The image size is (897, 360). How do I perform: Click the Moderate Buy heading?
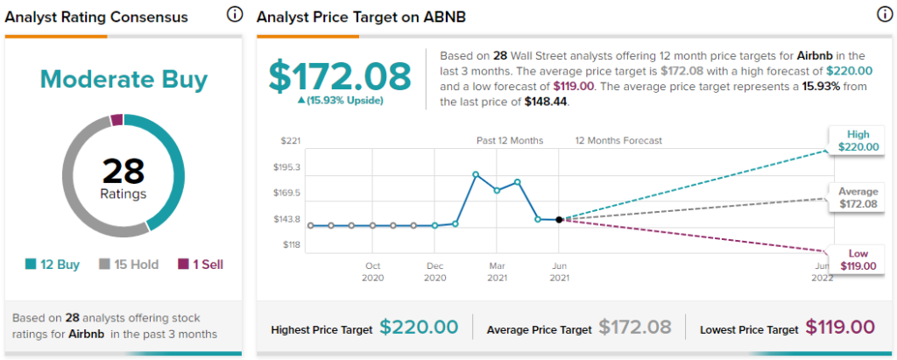click(124, 80)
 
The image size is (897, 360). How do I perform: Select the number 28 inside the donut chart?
click(124, 171)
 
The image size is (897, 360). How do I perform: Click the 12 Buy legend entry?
click(53, 265)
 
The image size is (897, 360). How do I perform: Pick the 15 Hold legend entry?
click(129, 265)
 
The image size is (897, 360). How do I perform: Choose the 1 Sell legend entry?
click(201, 265)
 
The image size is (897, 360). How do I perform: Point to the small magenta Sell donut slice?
click(117, 120)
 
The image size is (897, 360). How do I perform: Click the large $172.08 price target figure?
click(340, 77)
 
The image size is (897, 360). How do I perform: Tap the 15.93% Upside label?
click(340, 101)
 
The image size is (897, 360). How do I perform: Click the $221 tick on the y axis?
click(291, 141)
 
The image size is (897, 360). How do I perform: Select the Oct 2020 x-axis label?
click(372, 272)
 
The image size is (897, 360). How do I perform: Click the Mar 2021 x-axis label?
click(497, 272)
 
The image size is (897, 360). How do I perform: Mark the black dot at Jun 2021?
click(559, 220)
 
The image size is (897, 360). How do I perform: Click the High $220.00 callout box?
click(858, 141)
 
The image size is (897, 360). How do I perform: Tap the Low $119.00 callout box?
click(858, 260)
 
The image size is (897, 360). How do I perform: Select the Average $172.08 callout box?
click(858, 197)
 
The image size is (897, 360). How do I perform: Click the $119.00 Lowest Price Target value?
click(840, 328)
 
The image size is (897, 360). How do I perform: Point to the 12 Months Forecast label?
click(618, 141)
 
